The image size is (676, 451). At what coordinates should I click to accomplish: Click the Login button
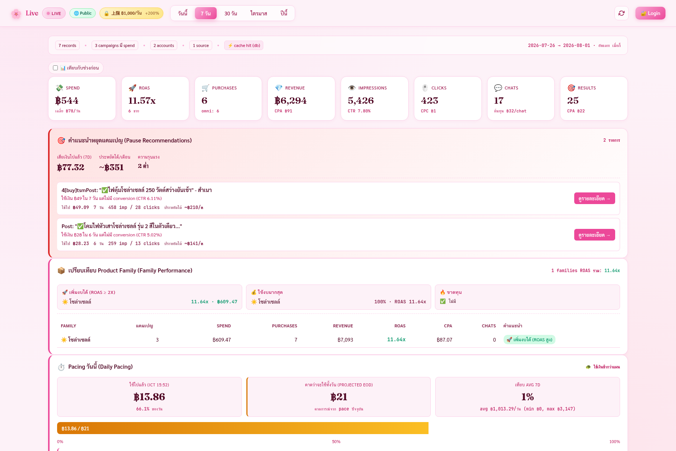[x=650, y=13]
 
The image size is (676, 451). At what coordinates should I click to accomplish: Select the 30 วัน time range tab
[x=231, y=13]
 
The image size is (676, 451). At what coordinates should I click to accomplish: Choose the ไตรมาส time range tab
[x=259, y=13]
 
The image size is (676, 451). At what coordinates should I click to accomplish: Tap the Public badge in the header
[x=83, y=13]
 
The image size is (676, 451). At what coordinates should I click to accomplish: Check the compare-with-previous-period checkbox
[x=56, y=68]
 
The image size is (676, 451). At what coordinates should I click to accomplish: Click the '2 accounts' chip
[x=164, y=45]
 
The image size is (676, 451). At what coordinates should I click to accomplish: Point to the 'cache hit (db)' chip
[x=244, y=45]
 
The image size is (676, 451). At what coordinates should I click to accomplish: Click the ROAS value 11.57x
[x=142, y=100]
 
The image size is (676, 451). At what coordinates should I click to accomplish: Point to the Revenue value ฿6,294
[x=290, y=100]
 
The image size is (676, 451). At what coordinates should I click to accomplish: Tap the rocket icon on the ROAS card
[x=132, y=88]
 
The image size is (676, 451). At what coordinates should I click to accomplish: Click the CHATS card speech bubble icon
[x=498, y=88]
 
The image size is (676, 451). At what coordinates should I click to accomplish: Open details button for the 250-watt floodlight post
[x=595, y=198]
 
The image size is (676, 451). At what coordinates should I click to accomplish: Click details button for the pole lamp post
[x=595, y=235]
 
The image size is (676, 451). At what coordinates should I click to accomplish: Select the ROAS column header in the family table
[x=400, y=326]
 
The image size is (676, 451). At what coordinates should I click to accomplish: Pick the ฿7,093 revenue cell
[x=345, y=340]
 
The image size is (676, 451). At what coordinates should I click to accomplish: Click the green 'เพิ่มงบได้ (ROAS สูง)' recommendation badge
[x=530, y=340]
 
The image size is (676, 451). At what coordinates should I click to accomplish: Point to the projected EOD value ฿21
[x=339, y=397]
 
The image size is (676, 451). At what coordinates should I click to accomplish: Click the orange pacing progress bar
[x=243, y=428]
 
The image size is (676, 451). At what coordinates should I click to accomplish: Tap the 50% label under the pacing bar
[x=336, y=442]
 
